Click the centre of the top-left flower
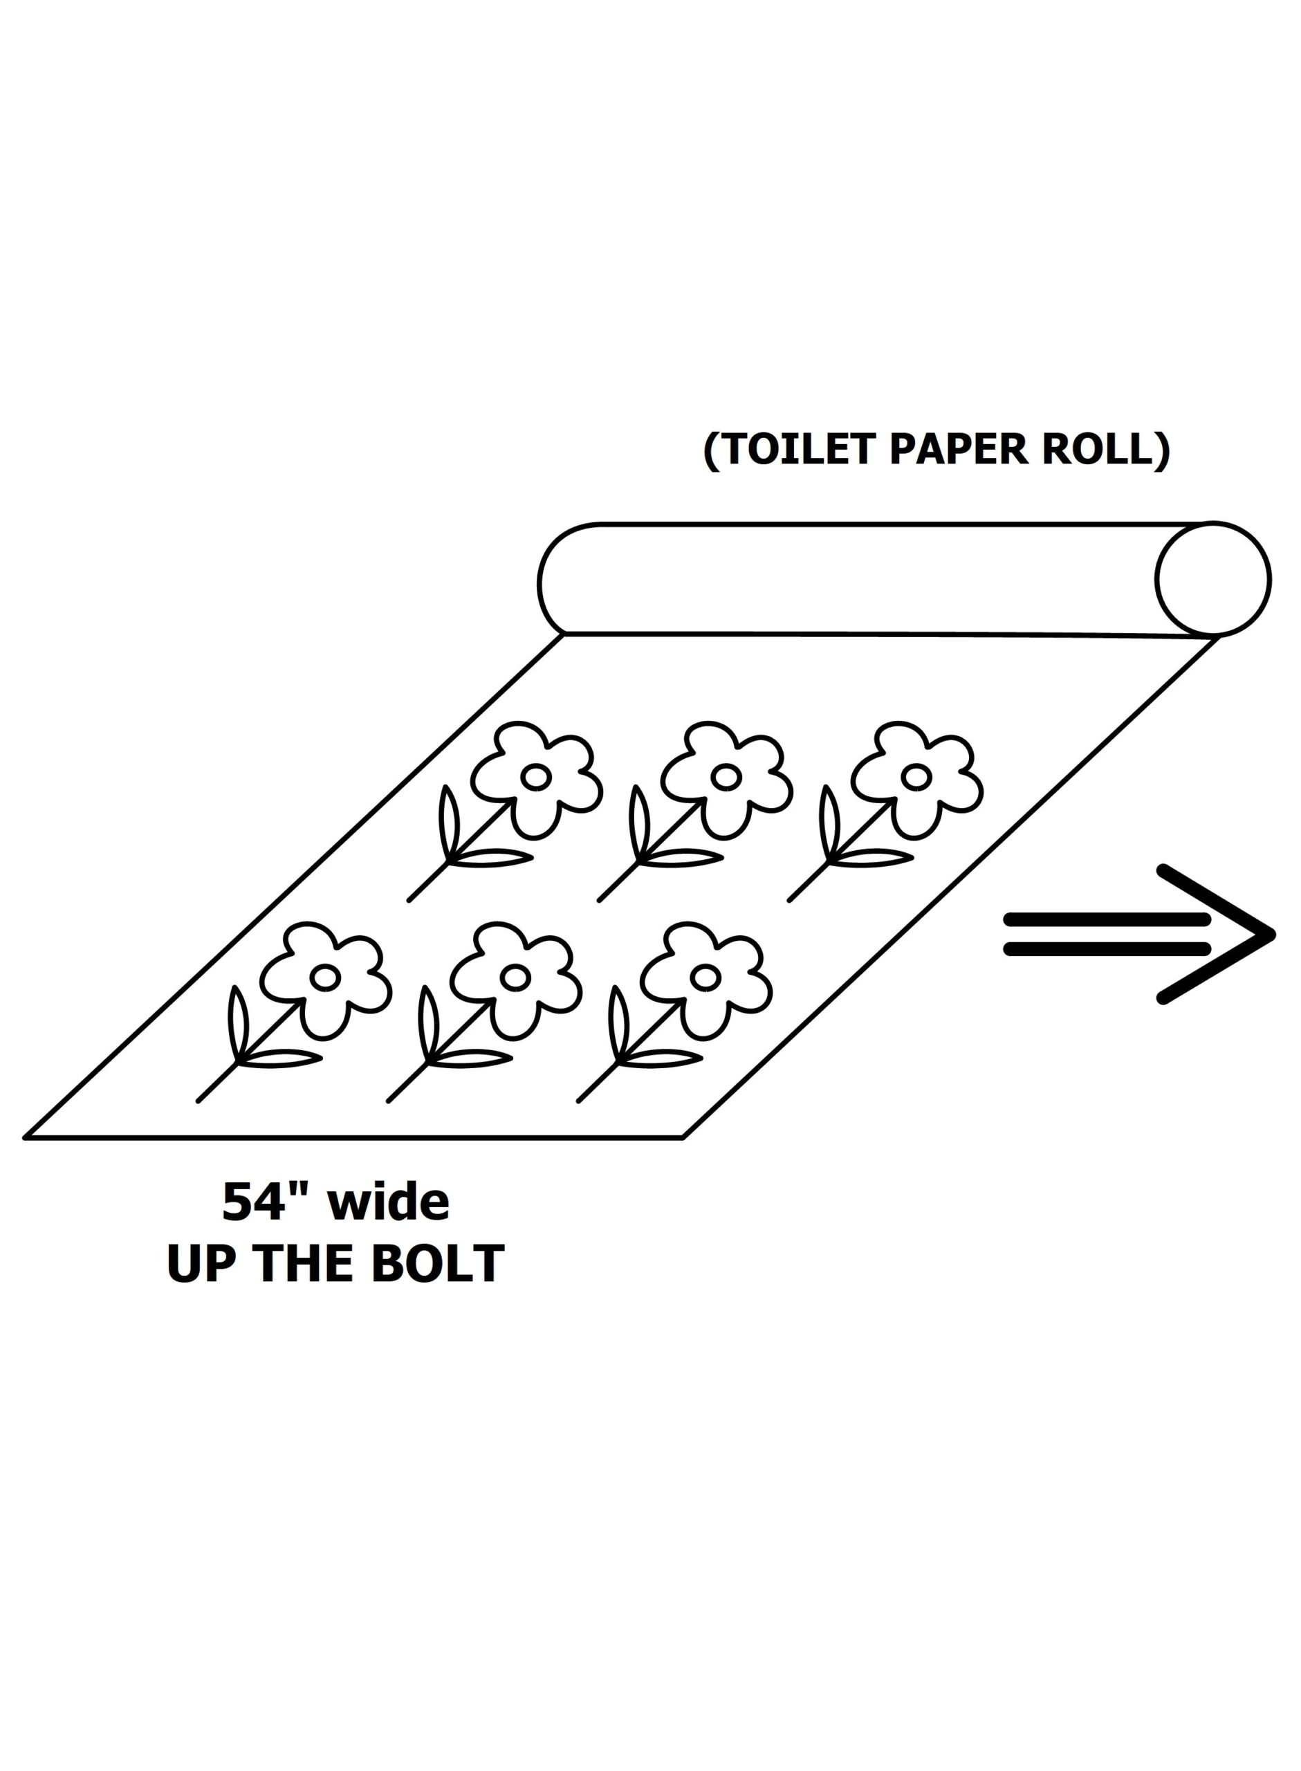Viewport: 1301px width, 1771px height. click(x=535, y=776)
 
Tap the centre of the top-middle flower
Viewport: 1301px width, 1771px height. click(x=726, y=776)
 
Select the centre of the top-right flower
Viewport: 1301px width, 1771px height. click(x=916, y=776)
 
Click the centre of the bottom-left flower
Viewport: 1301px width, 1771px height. click(x=324, y=978)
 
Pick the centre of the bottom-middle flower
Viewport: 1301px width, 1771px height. click(x=515, y=978)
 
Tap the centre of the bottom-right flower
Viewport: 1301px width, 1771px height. click(x=705, y=978)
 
